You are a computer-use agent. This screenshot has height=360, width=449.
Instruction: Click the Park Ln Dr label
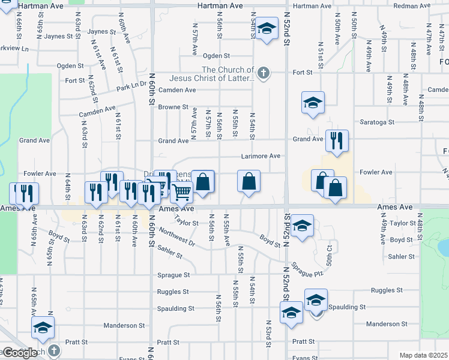coord(131,87)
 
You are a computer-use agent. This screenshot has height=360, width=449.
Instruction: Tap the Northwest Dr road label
coord(178,238)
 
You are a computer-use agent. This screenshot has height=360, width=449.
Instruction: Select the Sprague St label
coord(173,275)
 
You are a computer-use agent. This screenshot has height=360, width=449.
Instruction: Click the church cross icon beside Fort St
coord(262,73)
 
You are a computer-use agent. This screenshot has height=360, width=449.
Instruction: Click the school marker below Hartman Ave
coord(267,28)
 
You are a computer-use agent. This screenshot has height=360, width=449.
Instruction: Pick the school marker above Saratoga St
coord(313,103)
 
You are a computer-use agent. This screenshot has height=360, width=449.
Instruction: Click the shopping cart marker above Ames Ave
coord(181,192)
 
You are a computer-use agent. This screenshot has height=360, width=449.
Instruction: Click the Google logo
coord(20,353)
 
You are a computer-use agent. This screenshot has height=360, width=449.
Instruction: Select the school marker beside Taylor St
coord(303,226)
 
